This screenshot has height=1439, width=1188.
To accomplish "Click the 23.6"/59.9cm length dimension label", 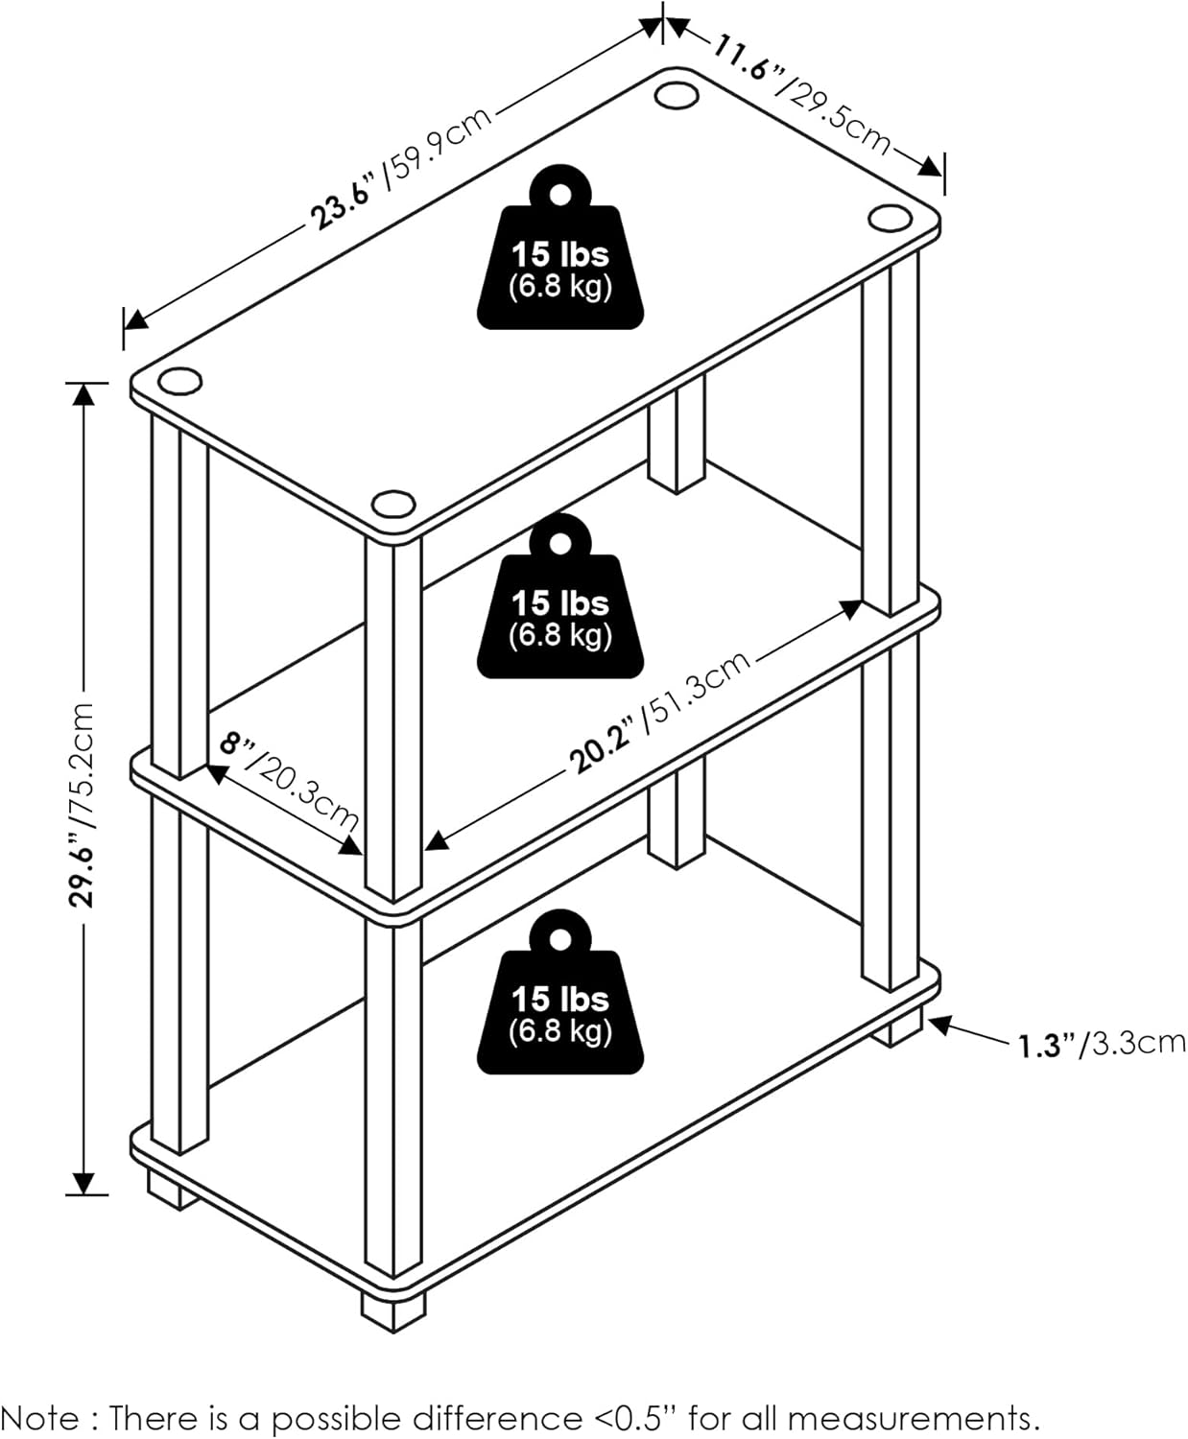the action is click(x=401, y=168).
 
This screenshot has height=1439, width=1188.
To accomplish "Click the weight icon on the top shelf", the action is click(x=559, y=247).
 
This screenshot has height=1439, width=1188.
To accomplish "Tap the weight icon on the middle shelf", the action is click(x=559, y=596).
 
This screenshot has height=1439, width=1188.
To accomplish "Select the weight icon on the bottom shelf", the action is click(x=559, y=992).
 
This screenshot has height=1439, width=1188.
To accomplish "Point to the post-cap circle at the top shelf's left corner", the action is click(x=180, y=381).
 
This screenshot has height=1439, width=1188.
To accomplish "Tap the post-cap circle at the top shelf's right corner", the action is click(x=890, y=217).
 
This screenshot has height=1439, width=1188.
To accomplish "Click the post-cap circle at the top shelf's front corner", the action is click(x=393, y=503).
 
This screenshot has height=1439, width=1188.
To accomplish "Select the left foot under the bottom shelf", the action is click(x=173, y=1189).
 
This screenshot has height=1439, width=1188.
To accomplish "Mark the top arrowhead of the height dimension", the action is click(x=83, y=395).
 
